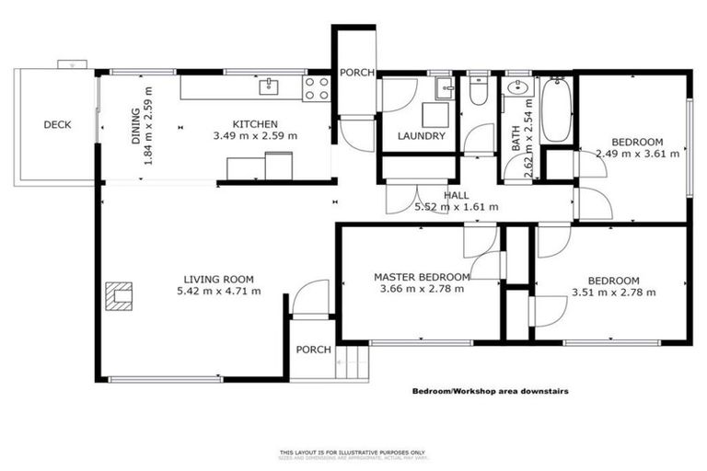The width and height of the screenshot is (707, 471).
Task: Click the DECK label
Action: [x=57, y=125]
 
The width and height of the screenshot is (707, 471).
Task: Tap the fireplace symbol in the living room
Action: [x=118, y=294]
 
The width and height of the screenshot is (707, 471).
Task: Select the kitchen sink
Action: [x=269, y=86]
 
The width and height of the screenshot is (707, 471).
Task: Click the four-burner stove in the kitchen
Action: [x=318, y=88]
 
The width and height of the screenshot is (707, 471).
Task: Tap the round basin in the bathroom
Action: [x=516, y=90]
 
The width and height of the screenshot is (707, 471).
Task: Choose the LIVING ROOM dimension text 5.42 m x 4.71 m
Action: [x=218, y=292]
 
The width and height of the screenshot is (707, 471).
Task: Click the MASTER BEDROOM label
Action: [x=421, y=276]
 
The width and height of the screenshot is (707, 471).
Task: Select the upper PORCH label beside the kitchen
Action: [x=356, y=74]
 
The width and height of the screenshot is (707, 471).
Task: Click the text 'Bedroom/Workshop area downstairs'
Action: [x=490, y=391]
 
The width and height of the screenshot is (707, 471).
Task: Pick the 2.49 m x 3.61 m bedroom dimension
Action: [x=637, y=154]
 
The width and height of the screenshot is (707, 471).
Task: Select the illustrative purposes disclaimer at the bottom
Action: [x=353, y=454]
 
